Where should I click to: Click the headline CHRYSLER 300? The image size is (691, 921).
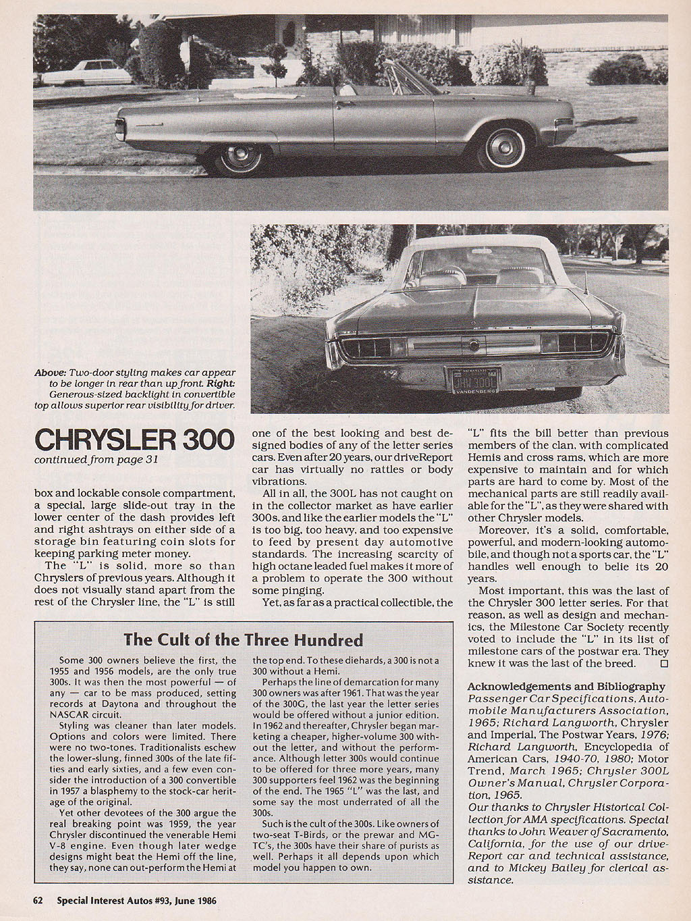coord(134,440)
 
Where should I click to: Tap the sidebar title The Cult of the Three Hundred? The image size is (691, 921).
coord(243,639)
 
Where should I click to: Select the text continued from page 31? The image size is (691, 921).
coord(96,460)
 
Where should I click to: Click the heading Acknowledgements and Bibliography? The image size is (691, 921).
coord(566,686)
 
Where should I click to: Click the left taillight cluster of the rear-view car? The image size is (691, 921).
coord(368,344)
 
